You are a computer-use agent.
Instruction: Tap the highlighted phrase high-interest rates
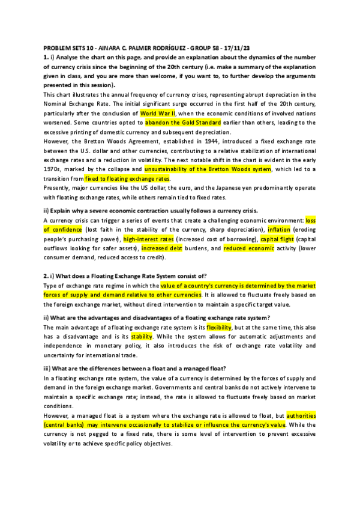point(145,239)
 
